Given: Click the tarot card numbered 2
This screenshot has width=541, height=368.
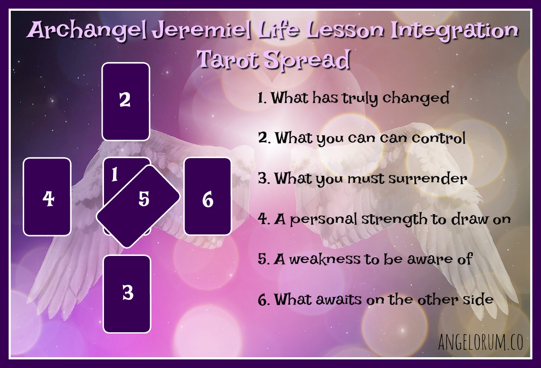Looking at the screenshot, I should point(126,101).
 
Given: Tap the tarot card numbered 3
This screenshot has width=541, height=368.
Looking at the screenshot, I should point(127,293).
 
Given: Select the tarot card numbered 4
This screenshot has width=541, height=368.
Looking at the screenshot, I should point(47,196).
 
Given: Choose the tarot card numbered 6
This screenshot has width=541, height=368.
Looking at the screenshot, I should point(208,196).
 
